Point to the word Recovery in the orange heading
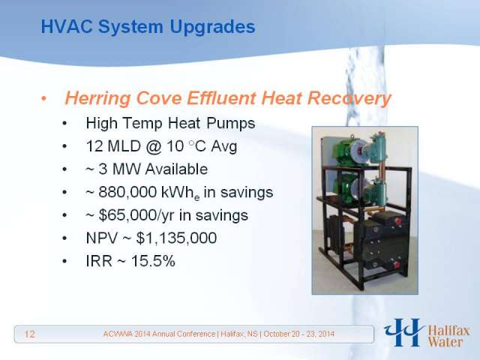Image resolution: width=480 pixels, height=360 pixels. [x=349, y=99]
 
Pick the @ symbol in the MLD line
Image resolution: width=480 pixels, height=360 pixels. [x=153, y=146]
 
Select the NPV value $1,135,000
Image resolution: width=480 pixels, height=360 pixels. [x=176, y=238]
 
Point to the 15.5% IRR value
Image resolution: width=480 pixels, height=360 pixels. [x=153, y=261]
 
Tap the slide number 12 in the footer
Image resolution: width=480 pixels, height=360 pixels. [x=30, y=334]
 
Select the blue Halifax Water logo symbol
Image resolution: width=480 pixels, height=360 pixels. [x=404, y=332]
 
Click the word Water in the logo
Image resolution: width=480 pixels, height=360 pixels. [x=445, y=342]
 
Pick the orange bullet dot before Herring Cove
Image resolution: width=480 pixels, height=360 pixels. [x=43, y=98]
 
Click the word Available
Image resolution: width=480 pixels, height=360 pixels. [x=176, y=169]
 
